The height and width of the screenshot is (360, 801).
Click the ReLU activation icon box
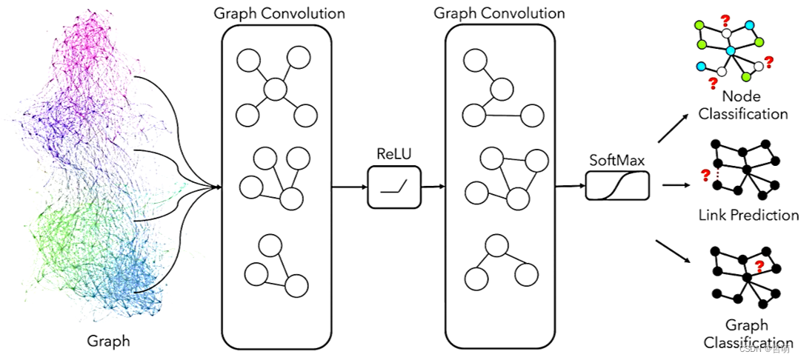tap(394, 186)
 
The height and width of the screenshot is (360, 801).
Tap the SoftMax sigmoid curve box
tap(616, 186)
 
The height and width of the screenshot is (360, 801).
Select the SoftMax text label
tap(616, 159)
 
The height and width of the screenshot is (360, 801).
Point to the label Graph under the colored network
tap(108, 341)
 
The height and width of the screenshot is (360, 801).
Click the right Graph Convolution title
tap(499, 13)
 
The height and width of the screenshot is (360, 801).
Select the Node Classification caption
tap(742, 105)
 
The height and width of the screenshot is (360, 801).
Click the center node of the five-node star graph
tap(276, 90)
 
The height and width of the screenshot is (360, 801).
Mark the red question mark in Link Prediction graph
tap(705, 175)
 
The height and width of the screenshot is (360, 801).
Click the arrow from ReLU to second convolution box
tap(433, 187)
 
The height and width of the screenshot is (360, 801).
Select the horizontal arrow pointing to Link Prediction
tap(672, 187)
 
